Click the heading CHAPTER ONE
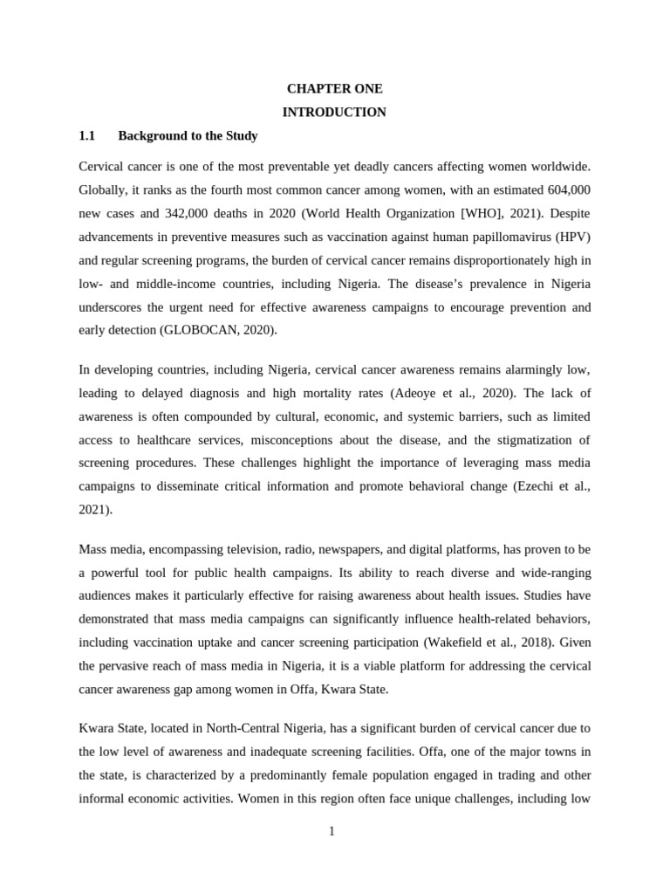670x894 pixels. click(335, 89)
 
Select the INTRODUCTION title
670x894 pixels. click(335, 113)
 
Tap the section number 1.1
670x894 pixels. click(86, 136)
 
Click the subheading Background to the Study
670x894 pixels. click(188, 136)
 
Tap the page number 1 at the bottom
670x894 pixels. click(332, 831)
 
